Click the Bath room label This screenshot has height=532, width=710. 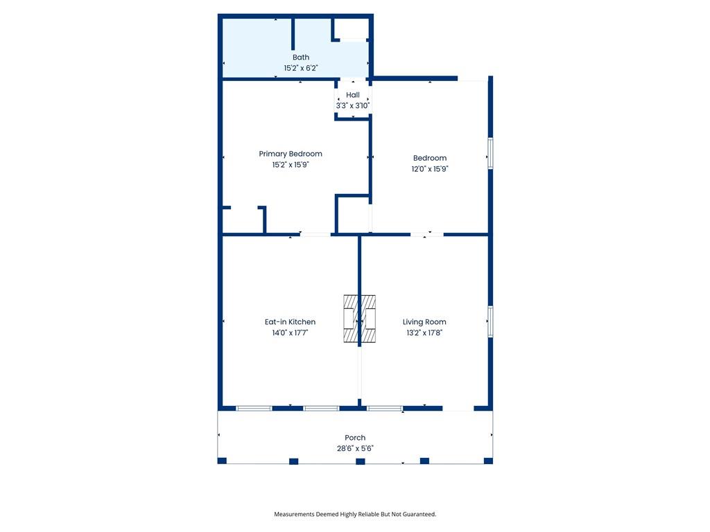click(301, 57)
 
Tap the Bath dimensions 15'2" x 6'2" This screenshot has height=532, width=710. click(301, 69)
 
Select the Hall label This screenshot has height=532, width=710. click(353, 95)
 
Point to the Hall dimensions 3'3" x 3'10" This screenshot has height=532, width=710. click(353, 106)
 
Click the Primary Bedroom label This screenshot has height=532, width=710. click(291, 154)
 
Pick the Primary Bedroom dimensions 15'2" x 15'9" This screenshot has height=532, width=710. click(291, 165)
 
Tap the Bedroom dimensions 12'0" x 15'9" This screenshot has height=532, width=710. click(430, 169)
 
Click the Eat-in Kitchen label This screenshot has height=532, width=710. click(291, 322)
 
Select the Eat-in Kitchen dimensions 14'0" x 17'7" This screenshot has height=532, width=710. click(291, 333)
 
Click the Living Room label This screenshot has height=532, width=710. click(424, 322)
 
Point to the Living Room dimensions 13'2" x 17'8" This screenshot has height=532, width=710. click(424, 333)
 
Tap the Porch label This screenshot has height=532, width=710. click(355, 438)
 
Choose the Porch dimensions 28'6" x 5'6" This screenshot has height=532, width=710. click(355, 449)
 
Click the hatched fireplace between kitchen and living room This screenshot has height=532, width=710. click(360, 319)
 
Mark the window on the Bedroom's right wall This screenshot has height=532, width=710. click(490, 153)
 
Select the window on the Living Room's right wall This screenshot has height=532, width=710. click(490, 321)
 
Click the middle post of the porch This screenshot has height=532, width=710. click(361, 461)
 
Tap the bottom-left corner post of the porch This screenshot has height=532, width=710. click(222, 461)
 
